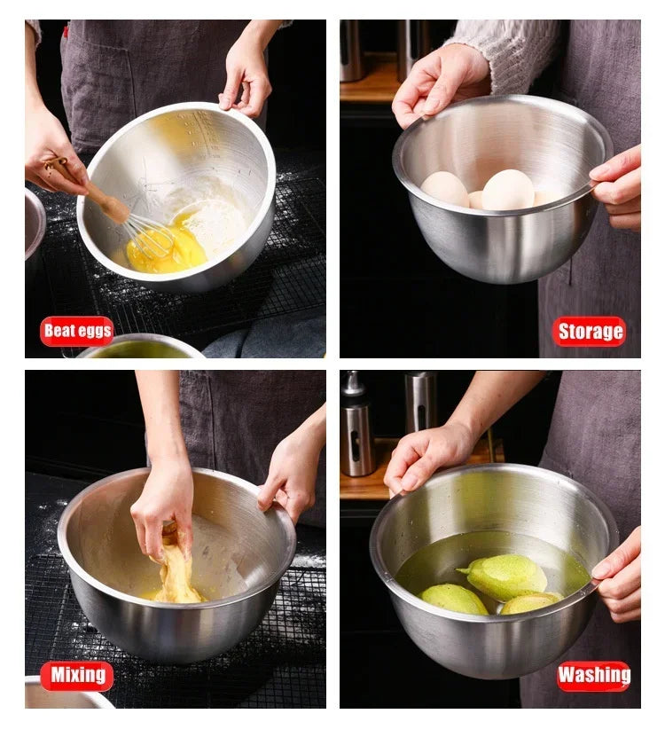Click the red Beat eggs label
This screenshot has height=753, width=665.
point(77,331)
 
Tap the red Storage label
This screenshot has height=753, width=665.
point(589,332)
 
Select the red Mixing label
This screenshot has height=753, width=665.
point(77,675)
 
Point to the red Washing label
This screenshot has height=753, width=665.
point(593,676)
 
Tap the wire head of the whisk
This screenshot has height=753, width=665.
point(149,236)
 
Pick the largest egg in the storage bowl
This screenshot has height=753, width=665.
point(508,190)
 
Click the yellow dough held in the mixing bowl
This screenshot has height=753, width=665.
point(176,571)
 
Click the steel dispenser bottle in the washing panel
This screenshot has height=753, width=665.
point(357,427)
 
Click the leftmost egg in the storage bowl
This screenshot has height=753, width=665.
point(444,189)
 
